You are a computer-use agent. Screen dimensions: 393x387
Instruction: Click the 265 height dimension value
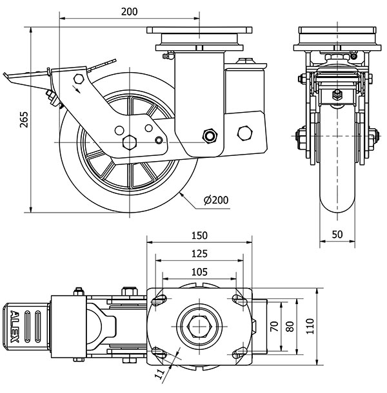(25, 119)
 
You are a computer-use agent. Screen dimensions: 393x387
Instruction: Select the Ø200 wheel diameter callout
(215, 200)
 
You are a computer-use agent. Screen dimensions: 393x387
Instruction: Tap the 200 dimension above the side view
(129, 12)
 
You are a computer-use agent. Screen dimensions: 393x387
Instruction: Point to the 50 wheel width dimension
(336, 235)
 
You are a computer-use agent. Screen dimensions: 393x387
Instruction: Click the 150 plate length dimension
(199, 235)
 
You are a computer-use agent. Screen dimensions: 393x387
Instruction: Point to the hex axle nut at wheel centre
(129, 142)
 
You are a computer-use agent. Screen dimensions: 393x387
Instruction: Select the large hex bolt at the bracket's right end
(245, 133)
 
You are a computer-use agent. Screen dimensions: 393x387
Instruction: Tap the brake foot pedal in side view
(19, 77)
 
